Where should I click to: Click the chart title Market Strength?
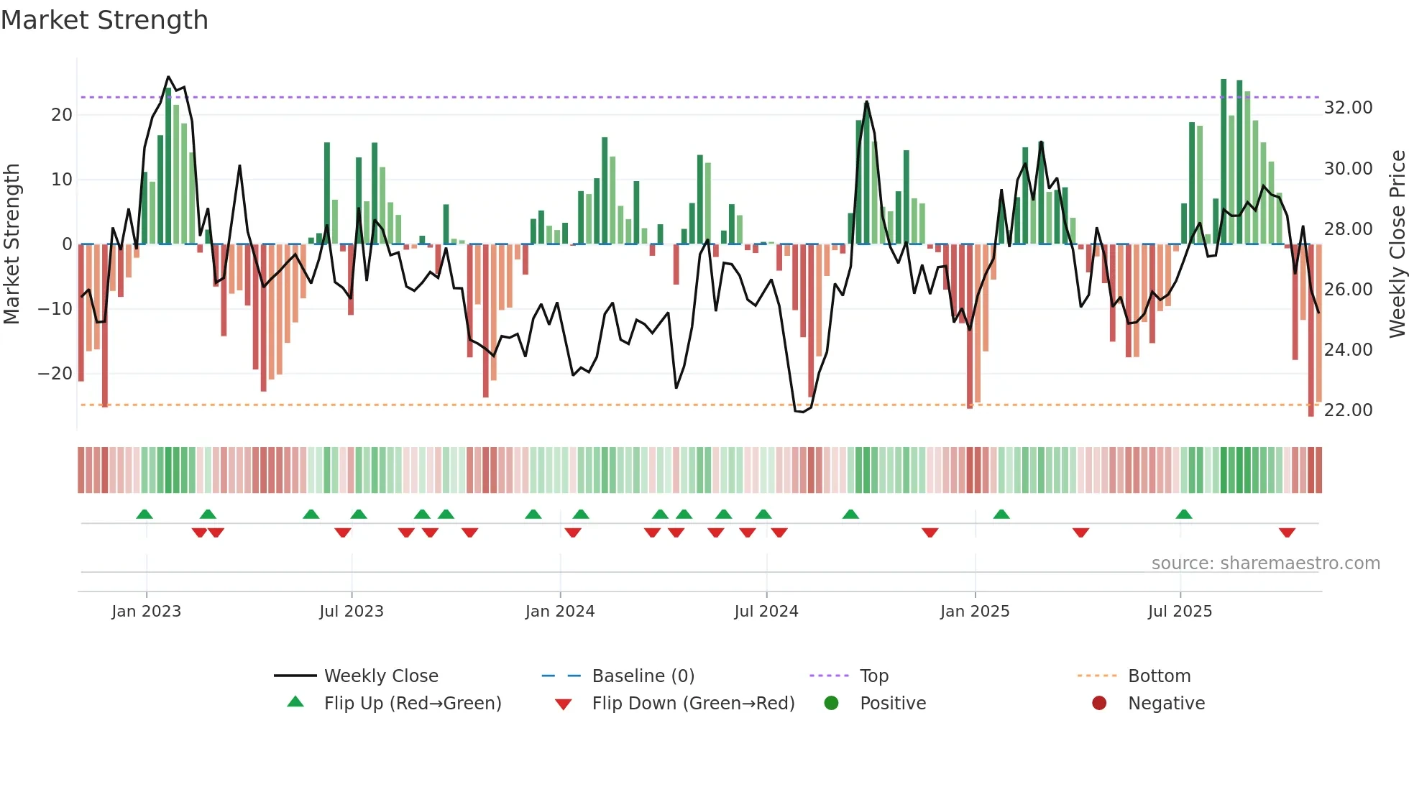click(x=104, y=20)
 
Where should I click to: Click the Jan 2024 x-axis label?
click(x=559, y=612)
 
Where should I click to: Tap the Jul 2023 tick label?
click(x=352, y=612)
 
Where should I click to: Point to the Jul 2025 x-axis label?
click(x=1180, y=612)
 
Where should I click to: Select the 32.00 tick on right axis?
click(x=1348, y=108)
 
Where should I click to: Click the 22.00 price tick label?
click(x=1348, y=410)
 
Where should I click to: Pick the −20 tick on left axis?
click(x=55, y=374)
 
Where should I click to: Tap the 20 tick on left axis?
click(x=62, y=115)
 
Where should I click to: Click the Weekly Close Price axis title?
click(x=1397, y=244)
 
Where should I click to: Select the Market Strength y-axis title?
click(x=12, y=244)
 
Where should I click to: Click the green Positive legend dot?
click(x=832, y=704)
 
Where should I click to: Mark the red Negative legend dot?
click(x=1099, y=704)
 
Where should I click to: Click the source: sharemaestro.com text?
click(x=1265, y=563)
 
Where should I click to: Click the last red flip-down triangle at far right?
click(x=1287, y=533)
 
